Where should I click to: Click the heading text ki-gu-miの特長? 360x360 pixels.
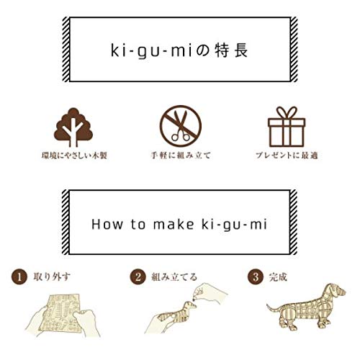point(179,52)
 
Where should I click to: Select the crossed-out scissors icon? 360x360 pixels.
point(180,126)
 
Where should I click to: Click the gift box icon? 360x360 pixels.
point(287,125)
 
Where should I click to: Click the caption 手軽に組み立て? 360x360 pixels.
point(180,156)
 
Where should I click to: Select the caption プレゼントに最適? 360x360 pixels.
point(287,156)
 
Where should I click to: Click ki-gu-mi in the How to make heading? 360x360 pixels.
point(233,224)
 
